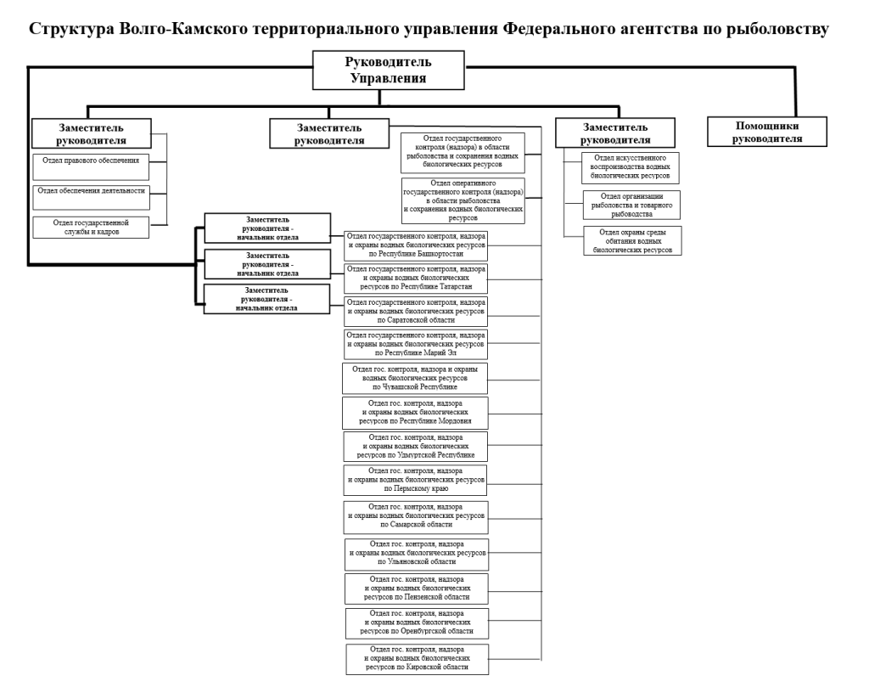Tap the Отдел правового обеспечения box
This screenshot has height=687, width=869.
pos(91,162)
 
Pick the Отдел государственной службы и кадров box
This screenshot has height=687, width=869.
pos(91,228)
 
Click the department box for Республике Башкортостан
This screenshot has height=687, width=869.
pos(416,245)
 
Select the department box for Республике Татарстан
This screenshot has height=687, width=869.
pos(416,278)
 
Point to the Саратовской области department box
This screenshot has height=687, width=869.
pos(416,311)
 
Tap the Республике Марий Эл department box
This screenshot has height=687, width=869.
pos(416,344)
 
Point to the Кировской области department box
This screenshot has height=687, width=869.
pos(417,659)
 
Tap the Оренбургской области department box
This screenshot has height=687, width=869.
pos(417,622)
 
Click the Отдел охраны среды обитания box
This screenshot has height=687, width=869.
pos(631,241)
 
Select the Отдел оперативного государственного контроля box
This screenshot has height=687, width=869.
pos(463,200)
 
